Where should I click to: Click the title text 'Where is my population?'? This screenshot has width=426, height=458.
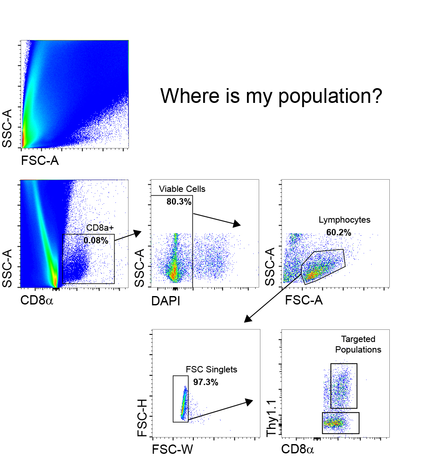[x=271, y=96]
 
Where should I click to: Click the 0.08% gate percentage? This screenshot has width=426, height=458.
[x=96, y=241]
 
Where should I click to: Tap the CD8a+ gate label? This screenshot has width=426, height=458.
[x=100, y=228]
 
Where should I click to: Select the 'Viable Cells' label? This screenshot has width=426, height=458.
[x=182, y=189]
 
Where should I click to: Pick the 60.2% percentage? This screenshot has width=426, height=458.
[x=338, y=233]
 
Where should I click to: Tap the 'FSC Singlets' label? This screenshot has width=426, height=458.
[x=212, y=370]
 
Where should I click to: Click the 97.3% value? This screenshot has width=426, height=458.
[x=206, y=383]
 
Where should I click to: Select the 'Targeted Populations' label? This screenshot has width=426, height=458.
[x=361, y=345]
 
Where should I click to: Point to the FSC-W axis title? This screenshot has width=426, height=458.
[x=172, y=449]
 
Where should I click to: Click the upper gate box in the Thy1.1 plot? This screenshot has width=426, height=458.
[x=344, y=385]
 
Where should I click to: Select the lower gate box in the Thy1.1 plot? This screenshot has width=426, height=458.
[x=340, y=423]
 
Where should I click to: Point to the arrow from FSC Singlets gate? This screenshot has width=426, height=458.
[x=220, y=410]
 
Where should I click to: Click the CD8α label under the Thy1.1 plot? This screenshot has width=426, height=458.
[x=298, y=449]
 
